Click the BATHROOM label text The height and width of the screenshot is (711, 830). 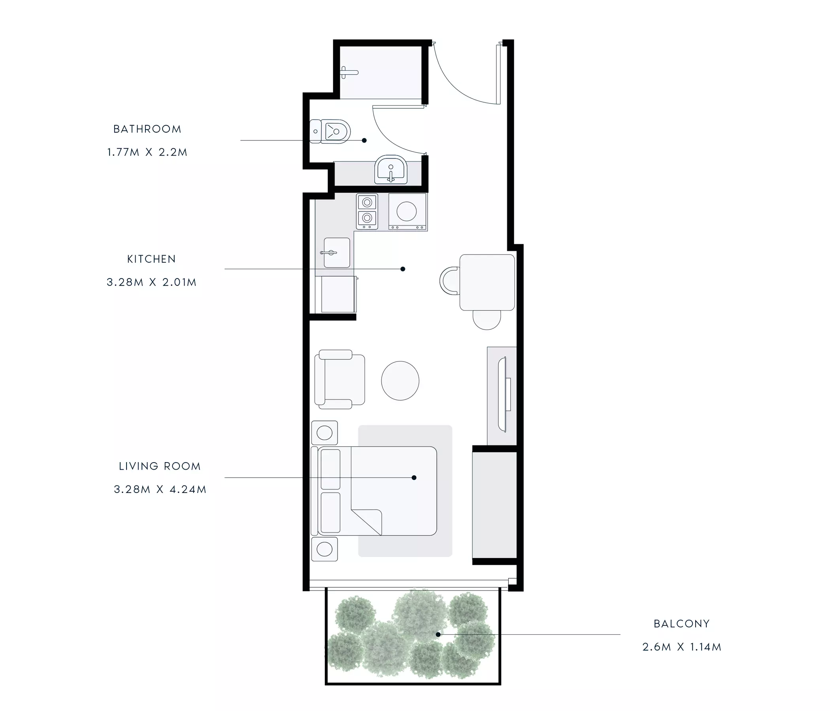[147, 129]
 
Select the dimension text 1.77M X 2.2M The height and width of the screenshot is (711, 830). [147, 152]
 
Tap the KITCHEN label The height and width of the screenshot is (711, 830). [151, 259]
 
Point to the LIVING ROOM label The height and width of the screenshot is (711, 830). [159, 466]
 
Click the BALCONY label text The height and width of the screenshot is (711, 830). [682, 624]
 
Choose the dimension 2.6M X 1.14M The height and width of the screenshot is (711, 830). [682, 647]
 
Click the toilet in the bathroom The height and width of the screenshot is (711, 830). [330, 131]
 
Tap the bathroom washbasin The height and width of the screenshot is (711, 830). [391, 169]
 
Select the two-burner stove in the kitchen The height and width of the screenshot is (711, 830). [367, 211]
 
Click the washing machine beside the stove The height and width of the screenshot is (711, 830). [408, 212]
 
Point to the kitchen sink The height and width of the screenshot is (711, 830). [336, 253]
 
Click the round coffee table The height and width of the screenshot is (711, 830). [400, 381]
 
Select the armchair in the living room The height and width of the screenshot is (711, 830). [340, 379]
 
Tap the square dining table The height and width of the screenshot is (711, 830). [487, 283]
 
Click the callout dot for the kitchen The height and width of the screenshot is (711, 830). [403, 269]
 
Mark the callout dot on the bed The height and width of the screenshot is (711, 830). [414, 478]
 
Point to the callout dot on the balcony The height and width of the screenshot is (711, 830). [438, 634]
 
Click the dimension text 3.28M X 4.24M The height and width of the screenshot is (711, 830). [160, 489]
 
